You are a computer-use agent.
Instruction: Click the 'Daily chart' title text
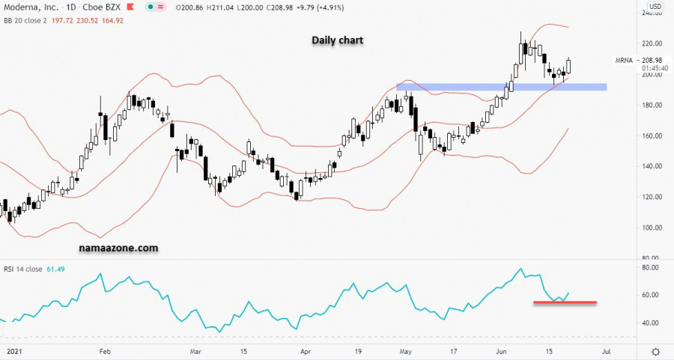[x=337, y=40]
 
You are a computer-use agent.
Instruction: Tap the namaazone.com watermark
[x=118, y=247]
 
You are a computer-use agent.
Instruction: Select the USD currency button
[x=654, y=7]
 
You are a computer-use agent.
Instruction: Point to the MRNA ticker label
[x=624, y=60]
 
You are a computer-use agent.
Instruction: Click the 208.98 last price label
[x=653, y=60]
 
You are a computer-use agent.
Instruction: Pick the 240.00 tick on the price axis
[x=652, y=13]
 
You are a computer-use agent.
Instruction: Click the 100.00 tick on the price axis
[x=652, y=228]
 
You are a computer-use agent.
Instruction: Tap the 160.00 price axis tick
[x=652, y=135]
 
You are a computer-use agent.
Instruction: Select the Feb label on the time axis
[x=105, y=350]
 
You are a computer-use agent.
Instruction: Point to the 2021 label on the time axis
[x=11, y=350]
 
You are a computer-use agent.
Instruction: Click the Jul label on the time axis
[x=606, y=350]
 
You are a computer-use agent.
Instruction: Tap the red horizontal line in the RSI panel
[x=565, y=302]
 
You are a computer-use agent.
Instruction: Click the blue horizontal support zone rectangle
[x=501, y=87]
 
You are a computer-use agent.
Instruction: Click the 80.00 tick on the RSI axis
[x=650, y=267]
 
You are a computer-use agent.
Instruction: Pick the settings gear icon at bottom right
[x=655, y=351]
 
